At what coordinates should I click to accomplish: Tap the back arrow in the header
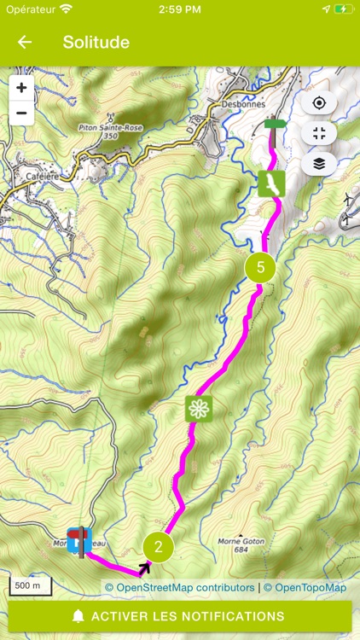tap(25, 43)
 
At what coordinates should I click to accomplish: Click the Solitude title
tap(96, 43)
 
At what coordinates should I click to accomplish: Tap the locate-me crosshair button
tap(319, 103)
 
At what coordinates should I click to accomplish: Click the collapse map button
tap(319, 133)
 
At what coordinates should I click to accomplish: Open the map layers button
tap(319, 164)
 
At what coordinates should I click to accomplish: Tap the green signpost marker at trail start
tap(274, 125)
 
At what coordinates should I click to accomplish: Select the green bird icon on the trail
tap(271, 183)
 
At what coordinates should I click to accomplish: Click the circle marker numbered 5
tap(260, 267)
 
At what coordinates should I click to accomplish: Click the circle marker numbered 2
tap(159, 547)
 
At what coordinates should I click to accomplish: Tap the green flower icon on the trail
tap(199, 409)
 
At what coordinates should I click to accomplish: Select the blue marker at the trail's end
tap(79, 540)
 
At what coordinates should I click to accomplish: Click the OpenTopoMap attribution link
tap(305, 587)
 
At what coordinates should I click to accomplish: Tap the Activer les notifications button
tap(180, 616)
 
